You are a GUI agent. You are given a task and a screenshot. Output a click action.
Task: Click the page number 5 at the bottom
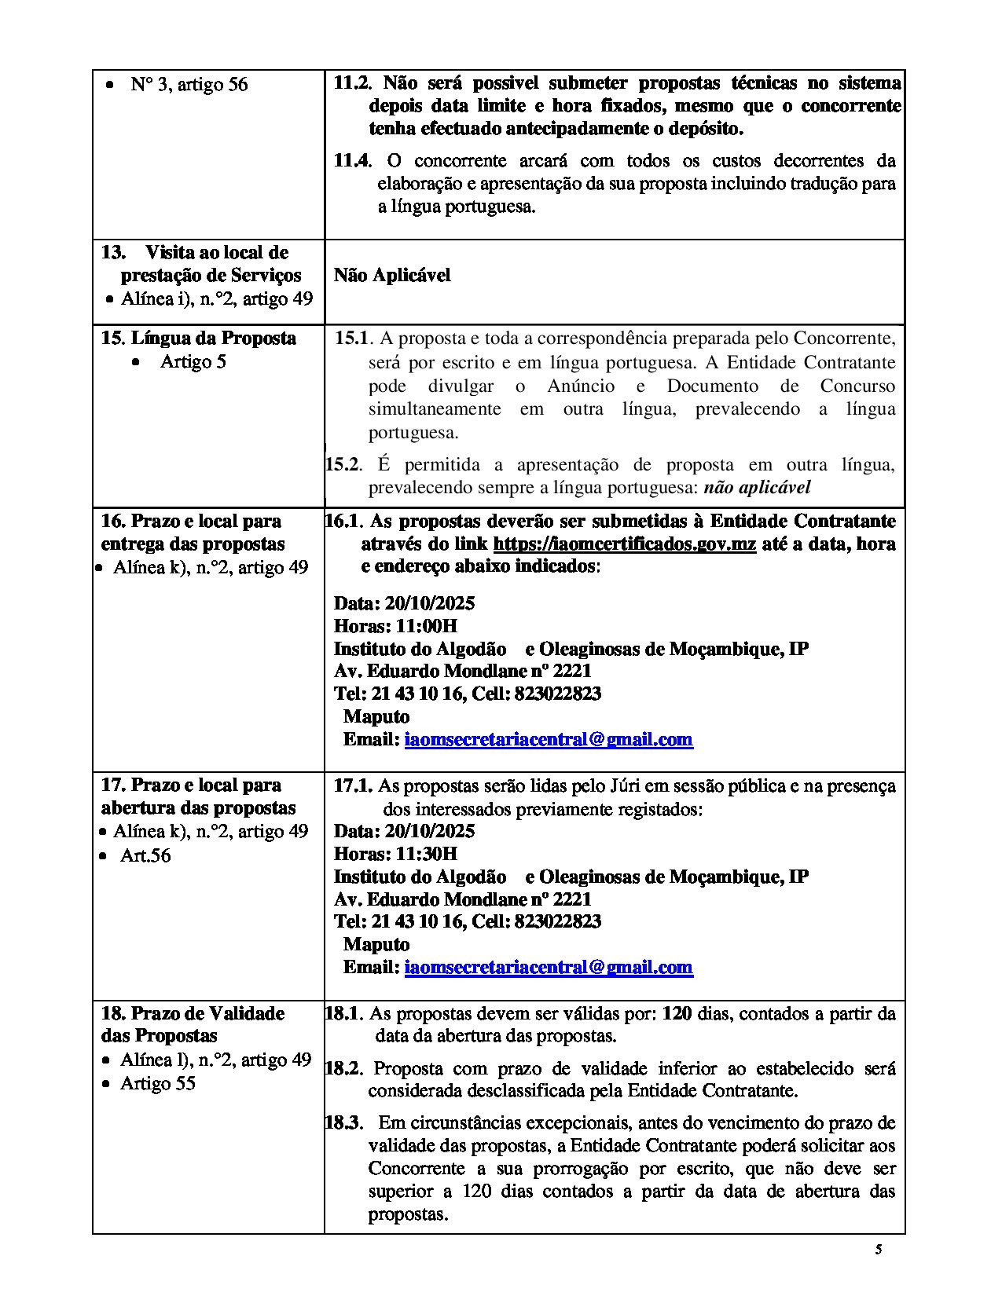879,1250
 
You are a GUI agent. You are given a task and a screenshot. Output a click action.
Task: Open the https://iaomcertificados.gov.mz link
624,544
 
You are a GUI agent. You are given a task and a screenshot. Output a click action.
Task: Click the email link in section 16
549,739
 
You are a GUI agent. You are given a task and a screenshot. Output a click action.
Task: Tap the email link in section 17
549,967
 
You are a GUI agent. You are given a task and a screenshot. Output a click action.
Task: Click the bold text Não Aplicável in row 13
392,275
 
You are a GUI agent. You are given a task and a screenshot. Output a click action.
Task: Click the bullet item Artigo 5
193,362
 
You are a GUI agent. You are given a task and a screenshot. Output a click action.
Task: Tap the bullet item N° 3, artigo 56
189,84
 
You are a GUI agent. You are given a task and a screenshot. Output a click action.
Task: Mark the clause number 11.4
351,161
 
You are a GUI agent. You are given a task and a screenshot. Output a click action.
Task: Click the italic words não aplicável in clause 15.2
757,487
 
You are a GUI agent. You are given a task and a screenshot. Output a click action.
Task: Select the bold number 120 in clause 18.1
677,1013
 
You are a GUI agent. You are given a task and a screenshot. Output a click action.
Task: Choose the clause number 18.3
343,1122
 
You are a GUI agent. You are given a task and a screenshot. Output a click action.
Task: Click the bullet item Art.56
145,855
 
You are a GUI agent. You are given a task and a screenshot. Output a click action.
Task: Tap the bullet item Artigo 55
157,1084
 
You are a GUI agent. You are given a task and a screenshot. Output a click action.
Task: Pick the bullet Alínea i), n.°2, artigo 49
216,298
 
